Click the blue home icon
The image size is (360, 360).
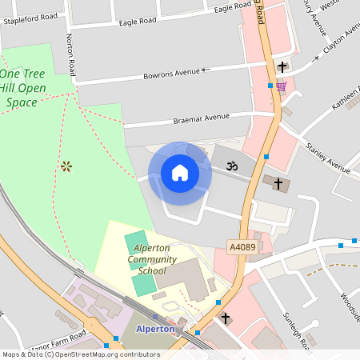pyautogui.click(x=180, y=173)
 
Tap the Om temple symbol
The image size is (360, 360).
pyautogui.click(x=233, y=167)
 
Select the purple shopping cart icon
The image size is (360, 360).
pyautogui.click(x=281, y=86)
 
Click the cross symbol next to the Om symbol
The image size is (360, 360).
pyautogui.click(x=278, y=184)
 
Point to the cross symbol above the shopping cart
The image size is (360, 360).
pyautogui.click(x=282, y=66)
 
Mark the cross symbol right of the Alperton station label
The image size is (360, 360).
pyautogui.click(x=226, y=318)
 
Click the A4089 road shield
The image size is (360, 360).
pyautogui.click(x=242, y=248)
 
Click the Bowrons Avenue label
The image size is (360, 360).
pyautogui.click(x=171, y=74)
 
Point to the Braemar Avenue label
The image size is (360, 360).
pyautogui.click(x=202, y=118)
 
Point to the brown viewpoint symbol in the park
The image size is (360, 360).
pyautogui.click(x=66, y=166)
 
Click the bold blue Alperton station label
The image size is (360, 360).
pyautogui.click(x=155, y=329)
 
